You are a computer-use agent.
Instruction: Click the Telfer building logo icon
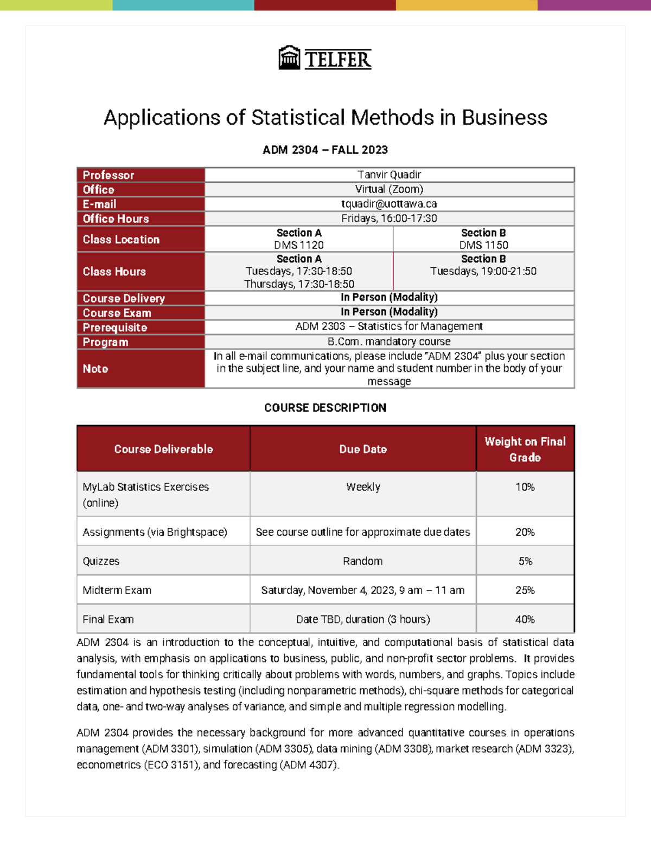coord(289,58)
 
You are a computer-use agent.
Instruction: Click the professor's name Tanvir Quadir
coord(389,175)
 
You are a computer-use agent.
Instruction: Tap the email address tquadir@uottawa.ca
coord(389,204)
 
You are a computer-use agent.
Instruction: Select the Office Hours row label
coord(116,218)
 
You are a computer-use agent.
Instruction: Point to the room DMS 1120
coord(299,245)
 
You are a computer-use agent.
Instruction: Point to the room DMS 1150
coord(483,245)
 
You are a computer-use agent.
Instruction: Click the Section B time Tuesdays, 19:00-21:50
coord(483,271)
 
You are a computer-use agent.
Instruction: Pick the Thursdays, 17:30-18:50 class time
coord(299,284)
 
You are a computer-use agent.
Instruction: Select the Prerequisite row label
coord(115,327)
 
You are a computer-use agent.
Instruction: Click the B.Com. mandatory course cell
coord(389,342)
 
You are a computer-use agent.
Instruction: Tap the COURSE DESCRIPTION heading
coord(325,408)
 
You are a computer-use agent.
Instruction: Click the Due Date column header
coord(363,449)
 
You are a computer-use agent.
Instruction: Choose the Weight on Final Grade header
coord(525,449)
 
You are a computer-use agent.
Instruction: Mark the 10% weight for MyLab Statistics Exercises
coord(525,487)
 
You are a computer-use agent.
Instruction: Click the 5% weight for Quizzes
coord(525,561)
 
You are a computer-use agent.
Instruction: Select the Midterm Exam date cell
coord(363,590)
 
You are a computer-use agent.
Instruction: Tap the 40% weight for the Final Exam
coord(525,619)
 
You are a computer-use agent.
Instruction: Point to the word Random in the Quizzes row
coord(363,561)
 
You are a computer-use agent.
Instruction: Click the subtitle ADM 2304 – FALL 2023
coord(325,150)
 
